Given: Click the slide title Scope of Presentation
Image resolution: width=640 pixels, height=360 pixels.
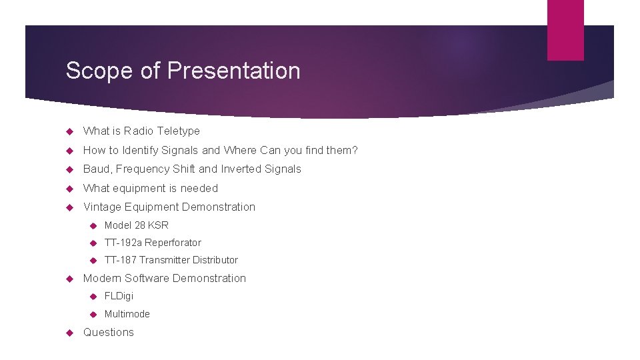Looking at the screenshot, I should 183,71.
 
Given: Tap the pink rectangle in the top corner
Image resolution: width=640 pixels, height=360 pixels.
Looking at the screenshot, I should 565,30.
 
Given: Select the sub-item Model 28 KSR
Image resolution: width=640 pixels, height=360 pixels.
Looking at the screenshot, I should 136,225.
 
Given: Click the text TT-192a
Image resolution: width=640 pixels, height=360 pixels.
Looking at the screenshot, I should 123,243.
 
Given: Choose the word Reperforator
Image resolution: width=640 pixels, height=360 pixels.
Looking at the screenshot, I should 173,243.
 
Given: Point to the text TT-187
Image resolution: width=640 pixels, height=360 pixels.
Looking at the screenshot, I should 121,260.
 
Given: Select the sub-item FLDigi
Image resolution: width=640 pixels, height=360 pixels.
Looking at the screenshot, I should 119,296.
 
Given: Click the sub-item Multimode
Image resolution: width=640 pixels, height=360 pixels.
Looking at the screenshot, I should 127,314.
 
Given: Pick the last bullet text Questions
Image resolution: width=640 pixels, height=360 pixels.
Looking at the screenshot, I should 108,333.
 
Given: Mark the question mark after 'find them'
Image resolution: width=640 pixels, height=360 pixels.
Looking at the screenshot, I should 355,151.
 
